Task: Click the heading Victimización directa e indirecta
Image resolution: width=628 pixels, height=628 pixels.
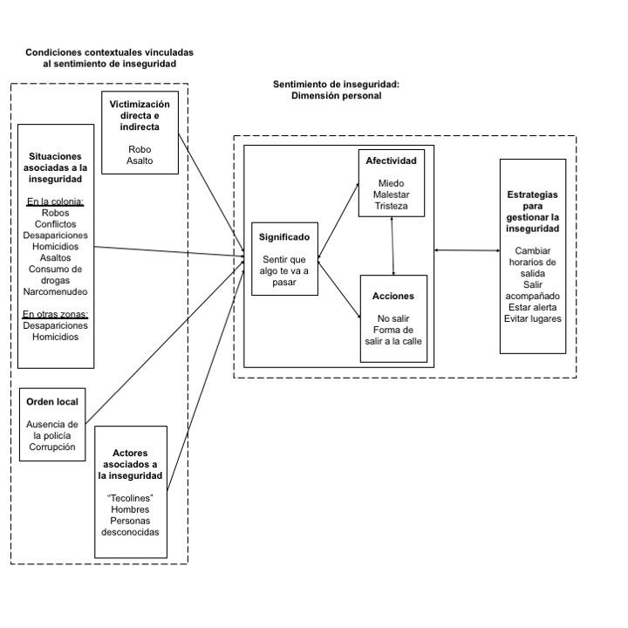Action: [x=140, y=115]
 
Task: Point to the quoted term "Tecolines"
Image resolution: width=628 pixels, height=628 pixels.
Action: [x=130, y=497]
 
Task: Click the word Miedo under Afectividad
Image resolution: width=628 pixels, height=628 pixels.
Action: [x=392, y=183]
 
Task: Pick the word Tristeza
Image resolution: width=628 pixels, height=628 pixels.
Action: [x=392, y=206]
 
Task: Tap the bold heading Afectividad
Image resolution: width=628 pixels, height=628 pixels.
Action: [x=392, y=161]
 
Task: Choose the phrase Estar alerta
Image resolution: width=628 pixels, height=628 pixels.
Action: [x=533, y=306]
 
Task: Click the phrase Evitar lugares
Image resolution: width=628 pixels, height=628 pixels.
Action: [x=533, y=318]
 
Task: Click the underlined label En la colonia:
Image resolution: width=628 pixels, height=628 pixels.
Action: [x=56, y=201]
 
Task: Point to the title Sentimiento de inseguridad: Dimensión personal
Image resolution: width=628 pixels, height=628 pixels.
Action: [x=336, y=90]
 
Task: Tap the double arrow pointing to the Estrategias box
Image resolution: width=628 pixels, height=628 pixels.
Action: [x=467, y=250]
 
